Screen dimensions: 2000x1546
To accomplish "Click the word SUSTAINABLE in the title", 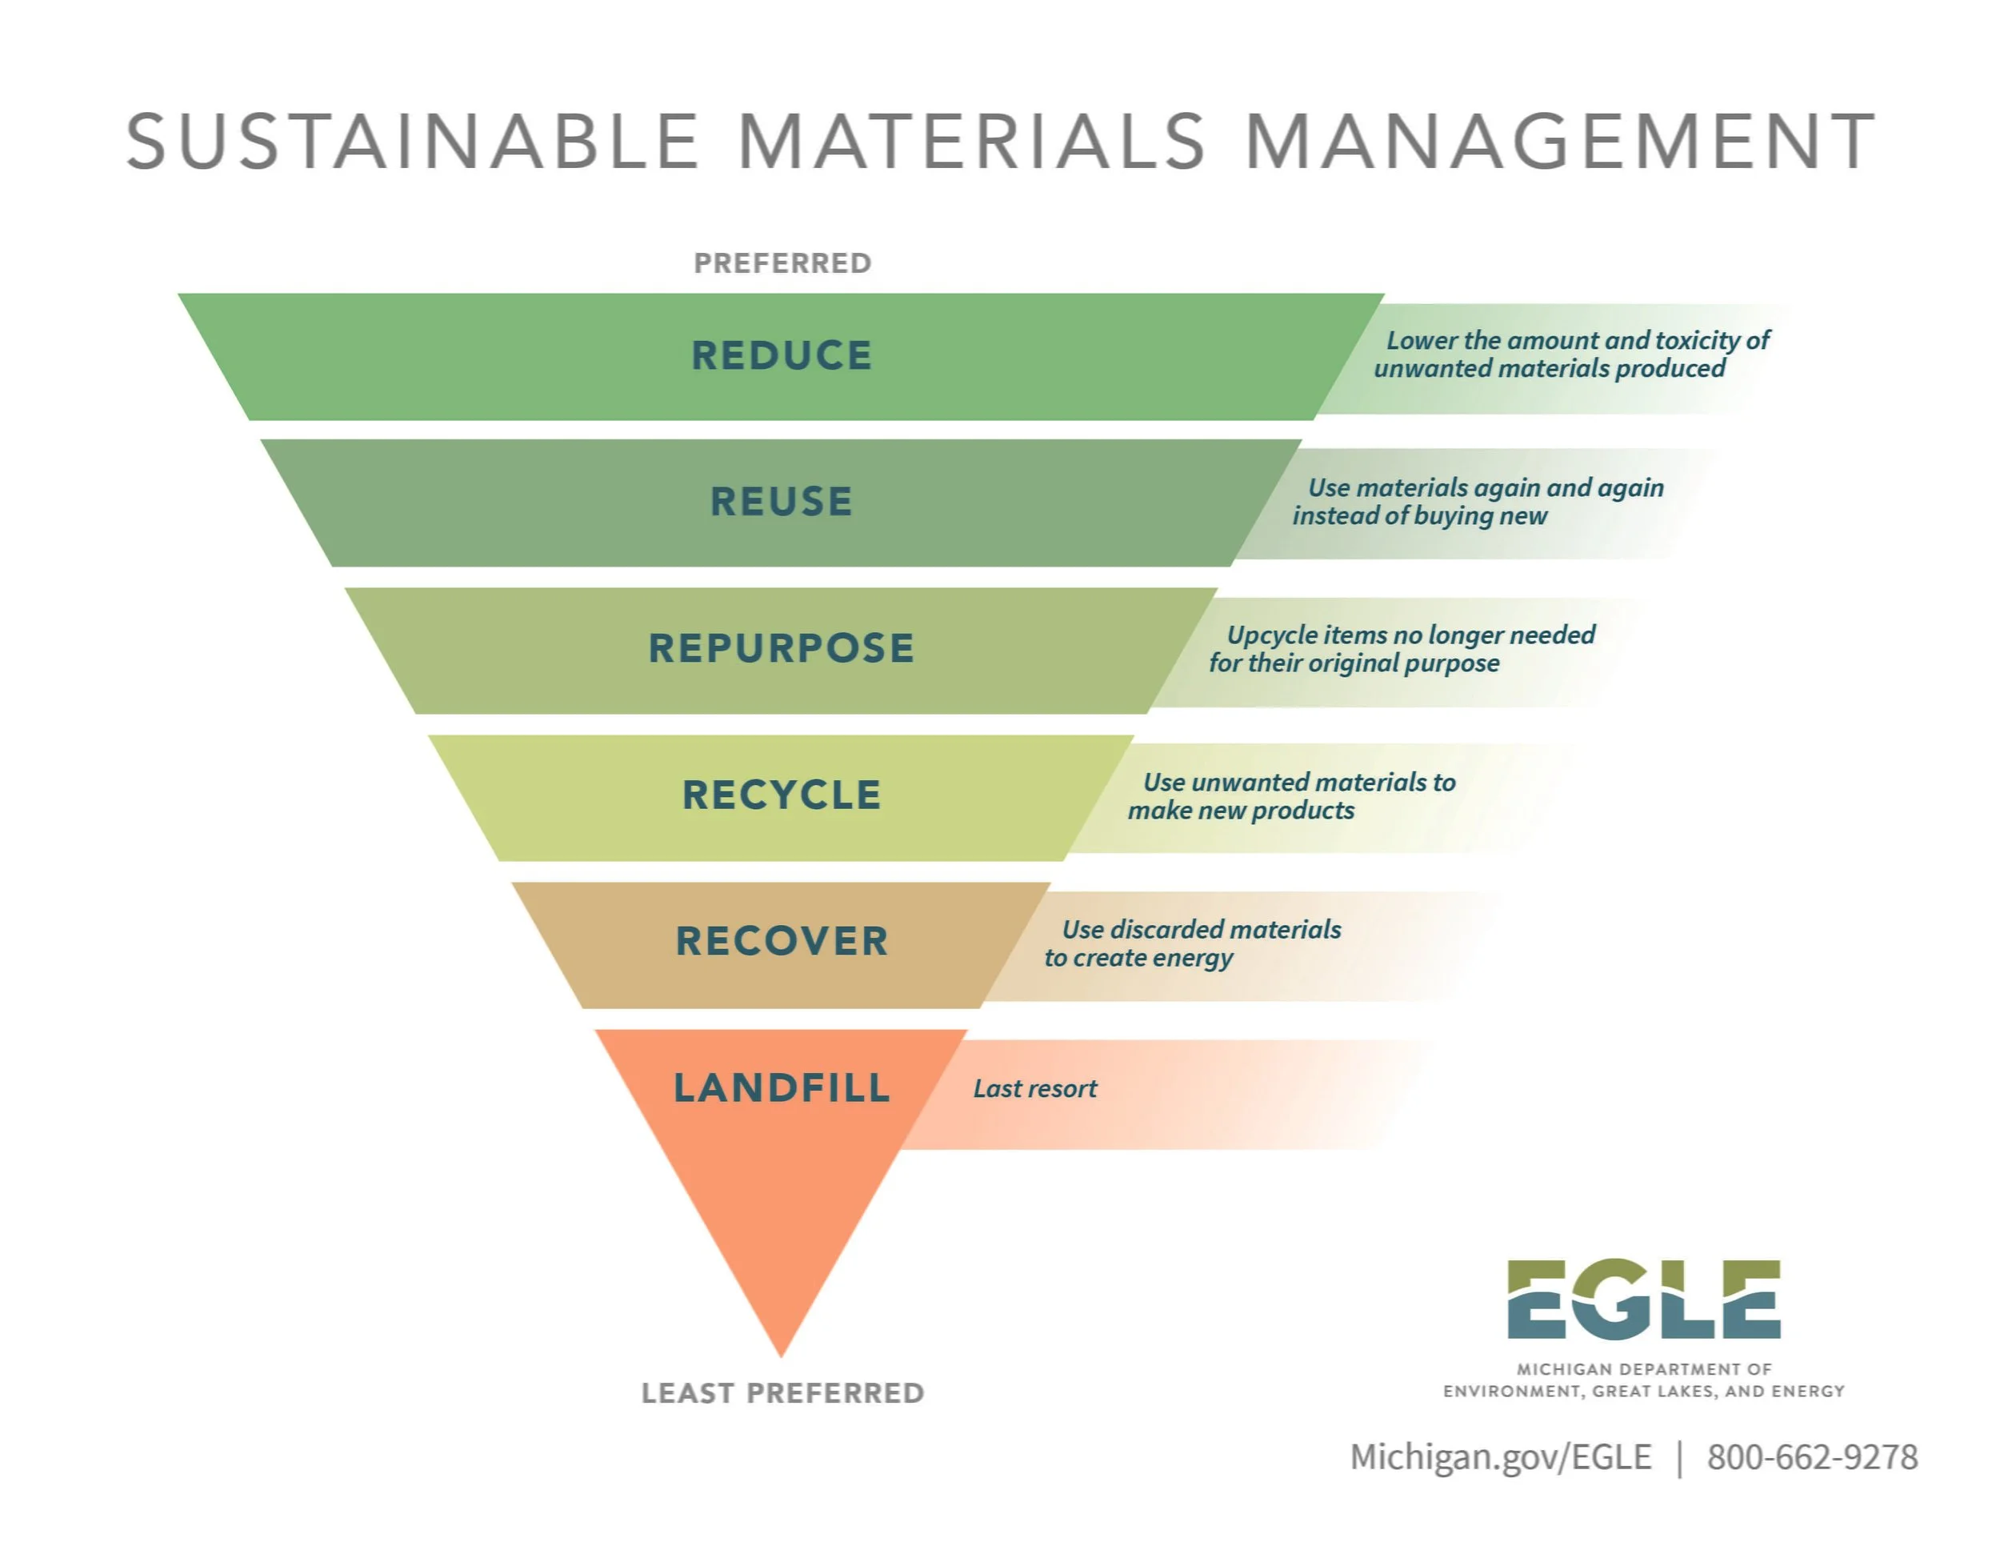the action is point(413,142).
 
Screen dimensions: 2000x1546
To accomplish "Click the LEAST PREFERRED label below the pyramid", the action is point(782,1393).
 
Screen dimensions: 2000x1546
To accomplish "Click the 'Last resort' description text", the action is point(1034,1089).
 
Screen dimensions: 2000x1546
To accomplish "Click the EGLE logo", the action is point(1643,1300).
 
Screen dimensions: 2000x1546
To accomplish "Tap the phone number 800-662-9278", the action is point(1811,1457).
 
